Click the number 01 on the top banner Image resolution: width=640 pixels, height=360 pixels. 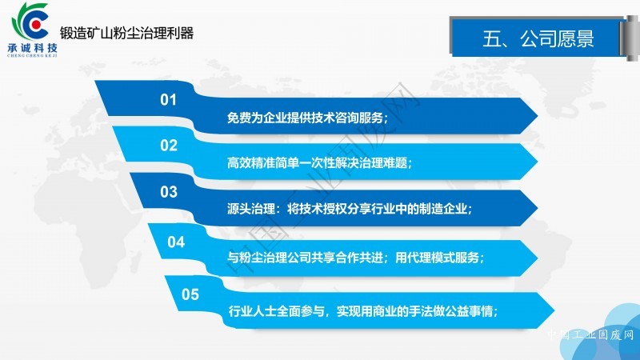(x=168, y=99)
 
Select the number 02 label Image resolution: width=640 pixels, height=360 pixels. (x=169, y=146)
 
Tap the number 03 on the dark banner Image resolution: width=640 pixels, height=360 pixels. (x=169, y=192)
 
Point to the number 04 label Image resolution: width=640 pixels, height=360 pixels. (x=176, y=242)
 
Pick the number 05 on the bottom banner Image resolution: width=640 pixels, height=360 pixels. (x=190, y=294)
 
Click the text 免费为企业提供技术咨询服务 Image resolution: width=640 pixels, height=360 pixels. (x=305, y=118)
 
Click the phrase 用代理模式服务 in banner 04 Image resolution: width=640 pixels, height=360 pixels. (x=437, y=258)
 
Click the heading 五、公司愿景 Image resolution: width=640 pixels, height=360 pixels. (x=538, y=38)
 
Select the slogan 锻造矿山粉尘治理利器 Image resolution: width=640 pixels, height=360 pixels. (x=126, y=33)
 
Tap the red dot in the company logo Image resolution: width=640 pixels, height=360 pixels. (x=36, y=25)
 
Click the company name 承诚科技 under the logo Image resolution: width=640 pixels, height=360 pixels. (x=33, y=48)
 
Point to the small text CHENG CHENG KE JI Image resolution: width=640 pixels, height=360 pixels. (x=32, y=55)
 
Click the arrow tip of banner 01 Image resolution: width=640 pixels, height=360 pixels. (x=537, y=116)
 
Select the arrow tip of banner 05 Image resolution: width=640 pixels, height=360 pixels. (x=554, y=310)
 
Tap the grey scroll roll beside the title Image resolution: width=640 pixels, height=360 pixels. (x=630, y=38)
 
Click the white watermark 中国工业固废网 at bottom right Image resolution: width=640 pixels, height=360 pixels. (x=590, y=335)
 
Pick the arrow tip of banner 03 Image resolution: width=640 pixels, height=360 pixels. (x=537, y=208)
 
